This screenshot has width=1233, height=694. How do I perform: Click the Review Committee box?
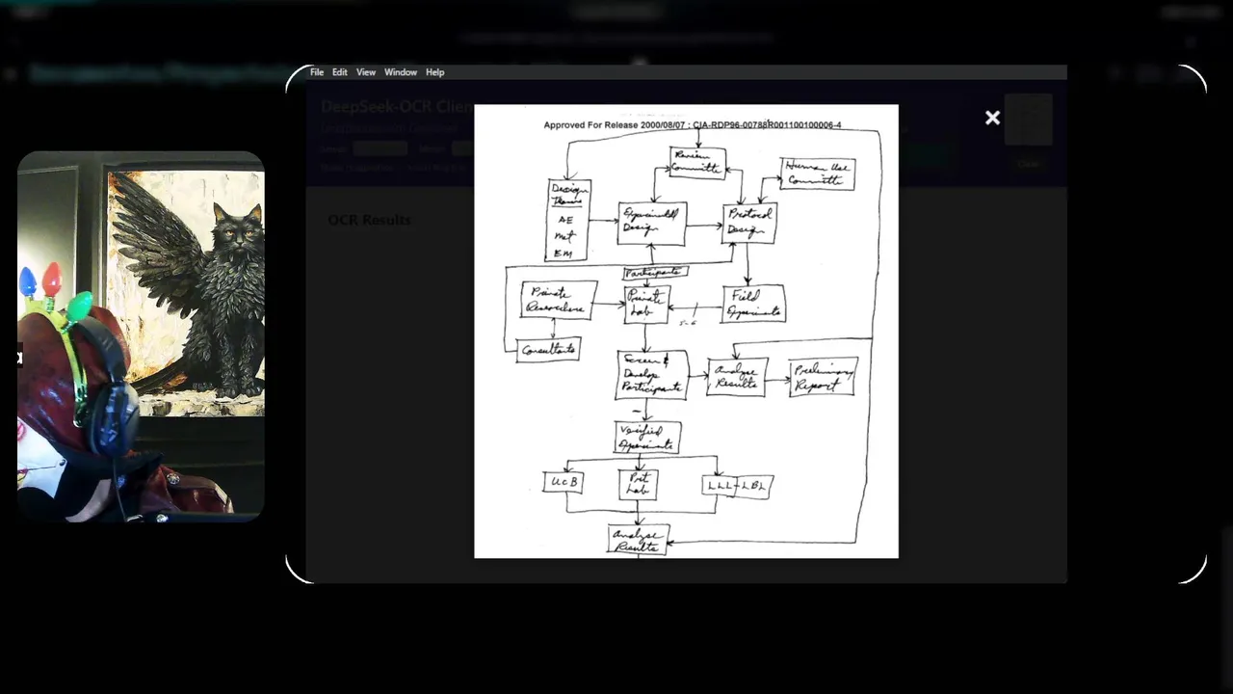point(697,162)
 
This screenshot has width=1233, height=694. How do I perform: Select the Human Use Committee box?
point(818,173)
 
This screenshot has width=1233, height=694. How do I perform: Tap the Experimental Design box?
point(652,224)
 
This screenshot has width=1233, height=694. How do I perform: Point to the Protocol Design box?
point(749,224)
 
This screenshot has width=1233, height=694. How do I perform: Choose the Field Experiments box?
point(753,304)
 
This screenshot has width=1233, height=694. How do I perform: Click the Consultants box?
point(548,349)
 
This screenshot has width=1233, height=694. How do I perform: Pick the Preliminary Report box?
point(823,377)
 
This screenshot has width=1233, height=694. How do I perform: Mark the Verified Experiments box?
point(647,438)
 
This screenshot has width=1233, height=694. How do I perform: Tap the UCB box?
point(563,480)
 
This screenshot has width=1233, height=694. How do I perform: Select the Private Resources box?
point(558,300)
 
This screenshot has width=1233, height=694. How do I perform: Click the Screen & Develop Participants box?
point(652,375)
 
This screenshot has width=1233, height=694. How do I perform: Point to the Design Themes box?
point(568,220)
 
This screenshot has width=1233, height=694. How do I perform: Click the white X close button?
point(992,118)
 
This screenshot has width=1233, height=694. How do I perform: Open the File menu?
point(317,72)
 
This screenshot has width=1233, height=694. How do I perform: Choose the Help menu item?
point(435,72)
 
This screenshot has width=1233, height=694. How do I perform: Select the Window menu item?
point(401,72)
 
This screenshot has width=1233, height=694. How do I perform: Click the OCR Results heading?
point(369,220)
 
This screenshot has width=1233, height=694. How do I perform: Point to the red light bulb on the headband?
point(52,279)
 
